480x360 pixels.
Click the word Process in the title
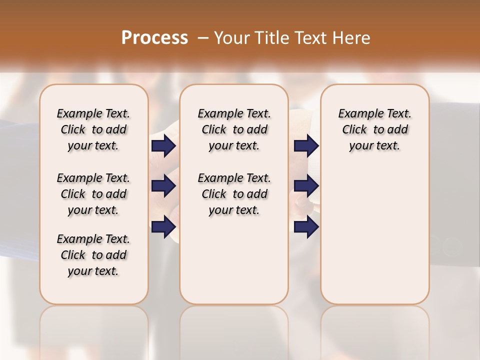[154, 37]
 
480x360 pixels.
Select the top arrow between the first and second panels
[163, 146]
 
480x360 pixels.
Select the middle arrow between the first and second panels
[163, 186]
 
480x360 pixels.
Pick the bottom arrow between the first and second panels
[163, 227]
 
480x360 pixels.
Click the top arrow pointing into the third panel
[306, 146]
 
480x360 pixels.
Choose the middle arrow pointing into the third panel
[306, 186]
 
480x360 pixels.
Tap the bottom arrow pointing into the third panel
[306, 227]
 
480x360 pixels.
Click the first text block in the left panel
[93, 129]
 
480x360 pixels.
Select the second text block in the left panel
[93, 194]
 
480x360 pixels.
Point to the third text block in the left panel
[93, 255]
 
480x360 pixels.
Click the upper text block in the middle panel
[234, 129]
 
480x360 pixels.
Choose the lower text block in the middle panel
[234, 194]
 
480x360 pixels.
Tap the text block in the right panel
[374, 129]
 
